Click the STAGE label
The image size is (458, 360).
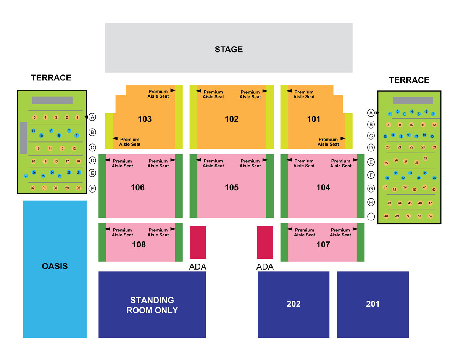coord(229,49)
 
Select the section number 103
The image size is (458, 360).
coord(145,119)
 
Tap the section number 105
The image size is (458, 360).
coord(232,188)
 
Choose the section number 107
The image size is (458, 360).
coord(323,245)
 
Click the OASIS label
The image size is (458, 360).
coord(55,266)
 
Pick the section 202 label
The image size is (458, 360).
coord(294,304)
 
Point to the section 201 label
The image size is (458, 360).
coord(373,304)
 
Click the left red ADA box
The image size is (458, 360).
coord(198,243)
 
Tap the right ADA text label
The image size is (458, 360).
coord(265,267)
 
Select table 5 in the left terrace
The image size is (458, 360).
coord(35,117)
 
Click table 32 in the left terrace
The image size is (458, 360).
coord(33,188)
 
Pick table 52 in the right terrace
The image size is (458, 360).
coord(431,216)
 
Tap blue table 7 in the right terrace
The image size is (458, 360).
coord(433,114)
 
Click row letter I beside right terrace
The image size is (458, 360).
coord(371,217)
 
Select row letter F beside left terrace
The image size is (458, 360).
coord(92,189)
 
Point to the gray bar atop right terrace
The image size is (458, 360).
coord(413,101)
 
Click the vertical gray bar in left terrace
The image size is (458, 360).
coord(23,138)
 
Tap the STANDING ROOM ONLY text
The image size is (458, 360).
coord(152,305)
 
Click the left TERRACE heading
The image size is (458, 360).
coord(51,78)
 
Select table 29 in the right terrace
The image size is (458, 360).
coord(425,158)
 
